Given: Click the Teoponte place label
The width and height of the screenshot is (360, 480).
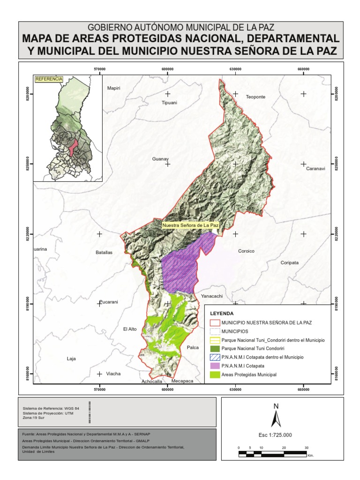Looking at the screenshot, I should [x=255, y=97].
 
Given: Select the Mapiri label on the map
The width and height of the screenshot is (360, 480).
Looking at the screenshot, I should [x=114, y=88].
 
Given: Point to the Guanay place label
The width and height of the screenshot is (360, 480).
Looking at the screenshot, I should [x=160, y=159].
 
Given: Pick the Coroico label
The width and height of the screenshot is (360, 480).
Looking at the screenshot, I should [x=246, y=251].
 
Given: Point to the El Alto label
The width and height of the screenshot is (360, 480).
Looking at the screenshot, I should [x=129, y=329].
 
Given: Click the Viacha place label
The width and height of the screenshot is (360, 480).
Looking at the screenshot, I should [x=114, y=374].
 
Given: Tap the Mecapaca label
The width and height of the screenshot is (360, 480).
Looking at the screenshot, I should [x=182, y=382].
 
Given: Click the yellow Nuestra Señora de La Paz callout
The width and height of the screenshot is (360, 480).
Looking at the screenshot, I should [x=190, y=225].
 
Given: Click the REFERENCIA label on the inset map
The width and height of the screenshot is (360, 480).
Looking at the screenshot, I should [x=49, y=79].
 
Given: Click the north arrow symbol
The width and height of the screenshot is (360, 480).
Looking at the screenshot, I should [x=276, y=416].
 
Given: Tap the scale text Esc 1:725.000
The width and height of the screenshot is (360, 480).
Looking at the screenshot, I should [x=275, y=435].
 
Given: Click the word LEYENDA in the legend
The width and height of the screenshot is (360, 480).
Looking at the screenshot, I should [x=222, y=313].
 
